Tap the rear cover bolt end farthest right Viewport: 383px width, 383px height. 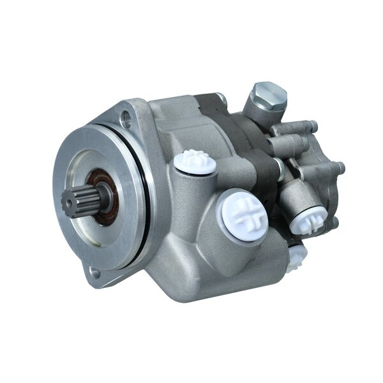coord(340,167)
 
